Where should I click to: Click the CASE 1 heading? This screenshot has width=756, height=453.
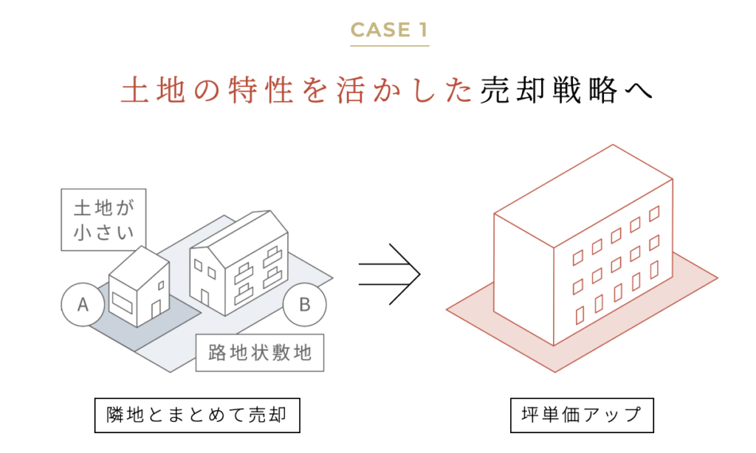tap(389, 30)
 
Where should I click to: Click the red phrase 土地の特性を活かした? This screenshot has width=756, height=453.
tap(296, 91)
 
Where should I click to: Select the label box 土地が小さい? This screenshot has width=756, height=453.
tap(103, 219)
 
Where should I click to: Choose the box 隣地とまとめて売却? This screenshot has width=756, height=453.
tap(197, 415)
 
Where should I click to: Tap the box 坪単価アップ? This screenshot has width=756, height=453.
tap(582, 415)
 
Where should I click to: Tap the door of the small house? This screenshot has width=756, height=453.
tap(155, 309)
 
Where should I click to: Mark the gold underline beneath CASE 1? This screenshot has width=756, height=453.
tap(389, 46)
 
